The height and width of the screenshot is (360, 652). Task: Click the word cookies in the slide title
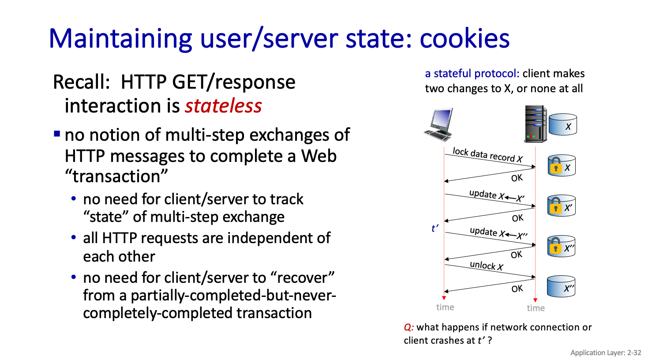(x=465, y=38)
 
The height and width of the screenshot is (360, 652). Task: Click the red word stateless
(x=223, y=106)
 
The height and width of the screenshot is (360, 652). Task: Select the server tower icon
(x=535, y=124)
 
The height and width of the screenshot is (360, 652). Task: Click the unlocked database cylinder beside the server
(x=562, y=125)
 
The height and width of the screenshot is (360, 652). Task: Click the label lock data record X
(x=487, y=155)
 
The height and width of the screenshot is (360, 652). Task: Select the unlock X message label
(x=486, y=266)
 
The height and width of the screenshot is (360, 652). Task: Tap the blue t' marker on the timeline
(x=435, y=229)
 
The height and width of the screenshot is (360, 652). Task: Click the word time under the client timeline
(x=445, y=307)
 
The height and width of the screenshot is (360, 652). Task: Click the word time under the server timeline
(x=536, y=308)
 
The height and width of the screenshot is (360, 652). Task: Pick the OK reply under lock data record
(x=517, y=178)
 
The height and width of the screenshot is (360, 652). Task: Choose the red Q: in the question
(x=408, y=327)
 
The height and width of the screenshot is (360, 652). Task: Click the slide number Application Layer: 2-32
(x=605, y=352)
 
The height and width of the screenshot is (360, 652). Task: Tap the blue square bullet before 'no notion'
(x=57, y=133)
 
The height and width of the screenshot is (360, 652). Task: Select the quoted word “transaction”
(x=116, y=176)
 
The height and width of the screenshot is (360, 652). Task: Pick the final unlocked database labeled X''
(x=561, y=287)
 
